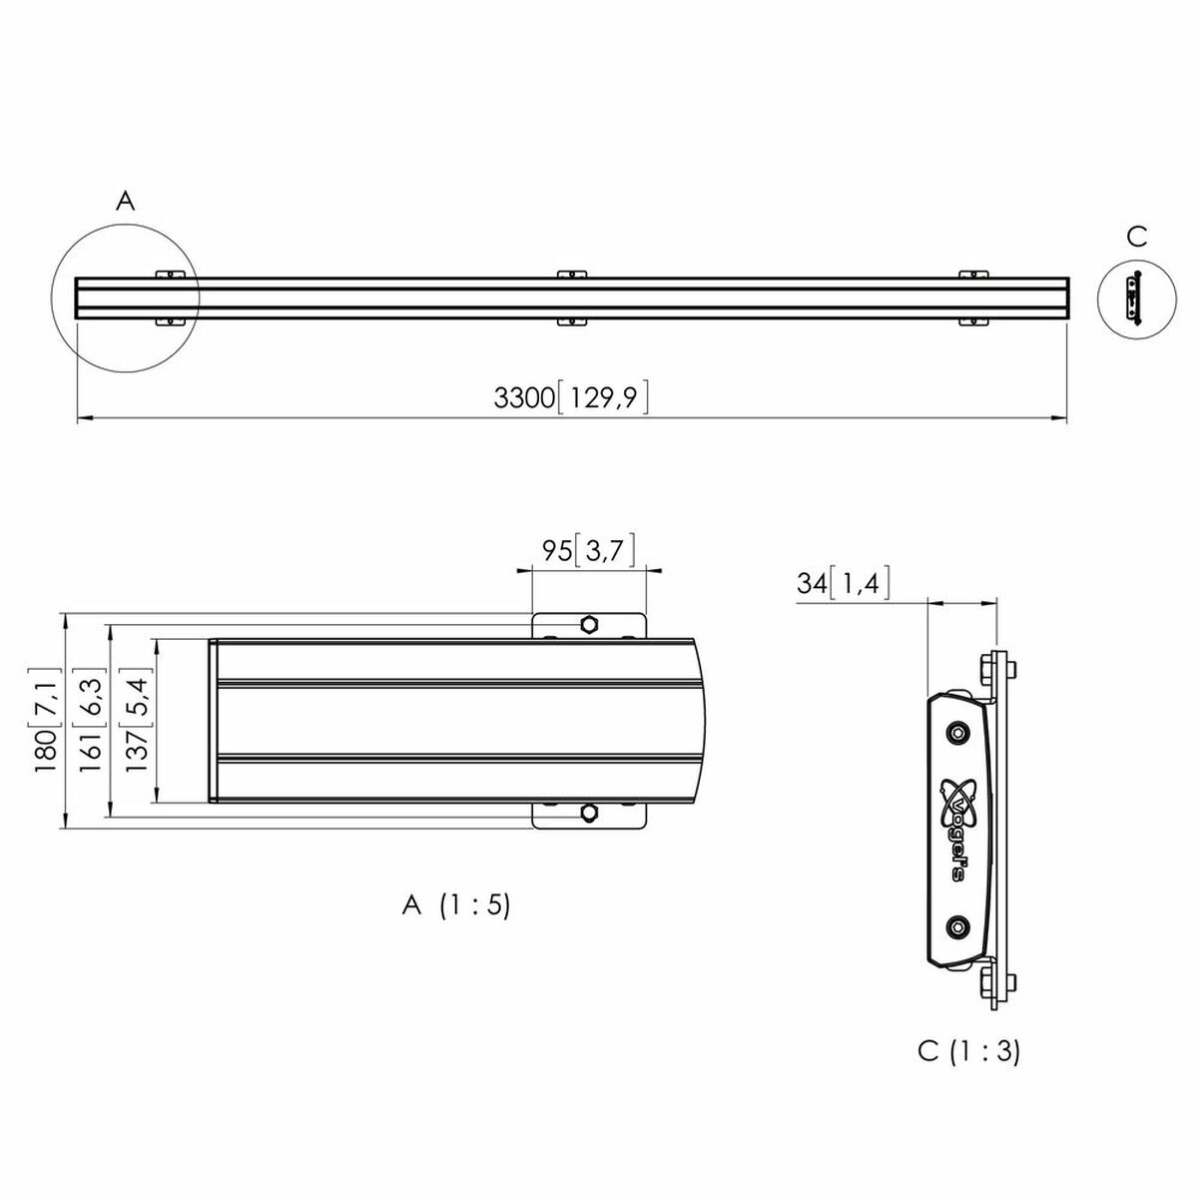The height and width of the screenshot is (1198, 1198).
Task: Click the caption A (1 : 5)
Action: click(x=455, y=905)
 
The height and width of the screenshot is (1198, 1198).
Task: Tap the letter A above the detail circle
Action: click(x=125, y=202)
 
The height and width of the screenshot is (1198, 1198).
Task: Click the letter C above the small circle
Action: click(x=1136, y=238)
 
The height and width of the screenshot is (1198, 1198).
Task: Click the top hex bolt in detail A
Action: click(x=589, y=625)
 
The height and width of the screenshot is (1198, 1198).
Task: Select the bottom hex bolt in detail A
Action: click(x=589, y=813)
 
